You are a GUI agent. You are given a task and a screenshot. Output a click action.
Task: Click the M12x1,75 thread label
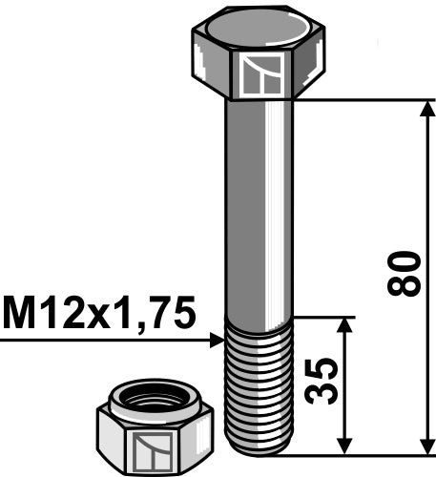tap(99, 312)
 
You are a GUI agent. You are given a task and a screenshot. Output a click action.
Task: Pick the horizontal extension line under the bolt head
tap(363, 99)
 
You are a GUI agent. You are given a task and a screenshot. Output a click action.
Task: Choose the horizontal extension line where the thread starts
tap(324, 318)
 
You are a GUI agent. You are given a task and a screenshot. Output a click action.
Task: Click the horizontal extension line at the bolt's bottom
tap(363, 453)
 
